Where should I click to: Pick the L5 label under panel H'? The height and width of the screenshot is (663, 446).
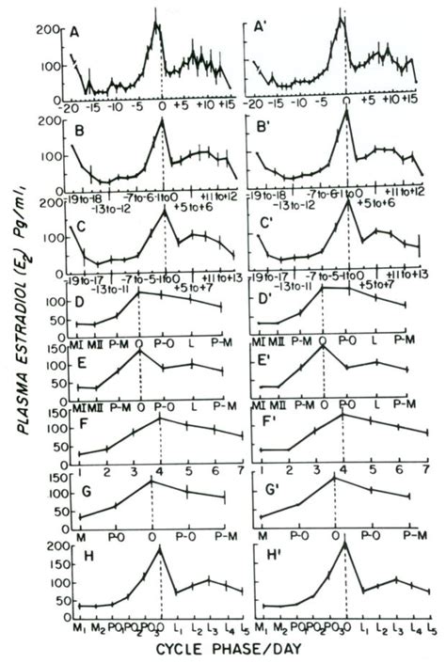click(x=429, y=627)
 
